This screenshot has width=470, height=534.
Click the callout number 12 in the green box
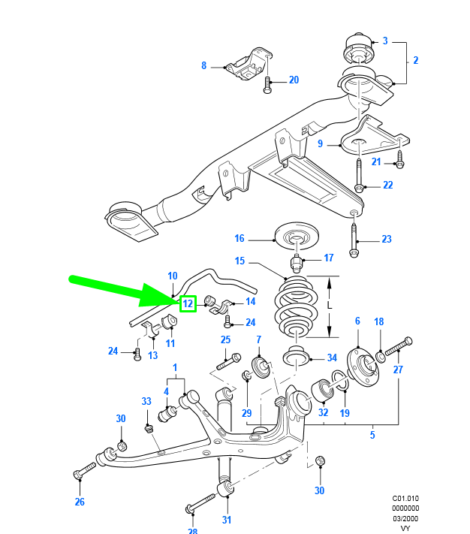[188, 303]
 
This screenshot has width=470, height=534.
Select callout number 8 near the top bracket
[203, 66]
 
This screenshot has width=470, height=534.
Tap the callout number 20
[294, 80]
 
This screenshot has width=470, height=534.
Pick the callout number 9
[320, 143]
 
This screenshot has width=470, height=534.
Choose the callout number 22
[387, 185]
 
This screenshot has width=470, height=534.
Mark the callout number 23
[386, 240]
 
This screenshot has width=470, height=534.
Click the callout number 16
[240, 239]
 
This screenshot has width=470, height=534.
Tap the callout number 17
[328, 258]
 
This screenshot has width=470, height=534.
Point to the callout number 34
[332, 357]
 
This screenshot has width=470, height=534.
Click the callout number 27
[398, 370]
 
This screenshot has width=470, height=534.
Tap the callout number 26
[80, 502]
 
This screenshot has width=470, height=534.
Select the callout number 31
[226, 519]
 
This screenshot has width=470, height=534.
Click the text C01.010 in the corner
[406, 499]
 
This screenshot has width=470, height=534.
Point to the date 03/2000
[406, 518]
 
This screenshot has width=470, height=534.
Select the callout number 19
[345, 412]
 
